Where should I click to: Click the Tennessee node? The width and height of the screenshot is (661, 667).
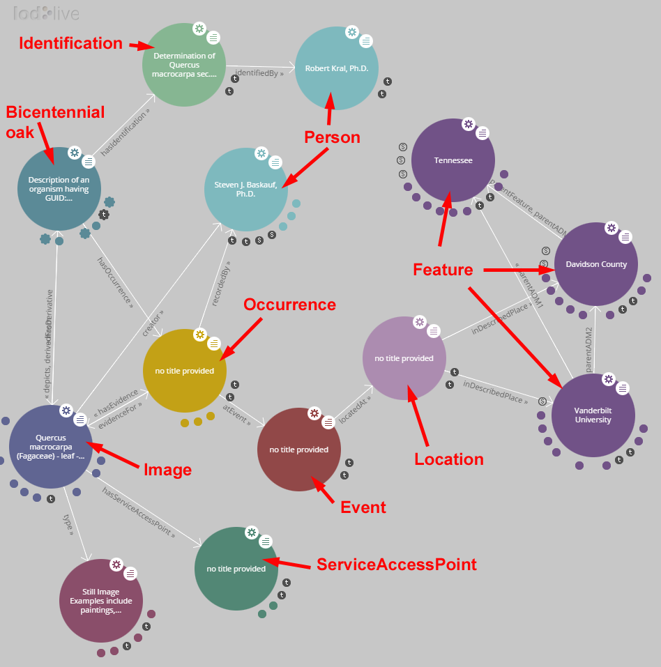tap(453, 160)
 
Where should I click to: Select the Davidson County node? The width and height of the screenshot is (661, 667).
tap(596, 264)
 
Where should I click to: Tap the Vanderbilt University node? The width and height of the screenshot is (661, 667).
tap(593, 415)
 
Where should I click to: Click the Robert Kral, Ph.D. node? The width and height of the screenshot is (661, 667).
tap(337, 68)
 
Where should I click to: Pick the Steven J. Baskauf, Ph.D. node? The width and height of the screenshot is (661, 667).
tap(245, 189)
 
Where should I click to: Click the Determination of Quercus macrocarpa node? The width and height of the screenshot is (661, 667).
tap(184, 64)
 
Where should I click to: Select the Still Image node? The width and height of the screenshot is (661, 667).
tap(101, 601)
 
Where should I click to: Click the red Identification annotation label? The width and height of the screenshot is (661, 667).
tap(70, 43)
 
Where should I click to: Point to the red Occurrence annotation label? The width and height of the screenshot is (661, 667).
tap(289, 305)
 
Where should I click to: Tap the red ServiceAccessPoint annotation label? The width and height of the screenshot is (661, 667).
tap(396, 564)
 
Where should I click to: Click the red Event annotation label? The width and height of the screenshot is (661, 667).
tap(363, 507)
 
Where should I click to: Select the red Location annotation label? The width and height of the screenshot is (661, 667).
tap(448, 459)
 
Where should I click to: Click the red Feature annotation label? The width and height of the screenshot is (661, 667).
tap(443, 269)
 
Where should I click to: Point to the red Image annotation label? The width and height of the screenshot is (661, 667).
tap(167, 470)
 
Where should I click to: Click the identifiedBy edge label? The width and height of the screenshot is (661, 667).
tap(259, 72)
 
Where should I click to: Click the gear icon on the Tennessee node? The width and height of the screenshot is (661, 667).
tap(469, 124)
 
